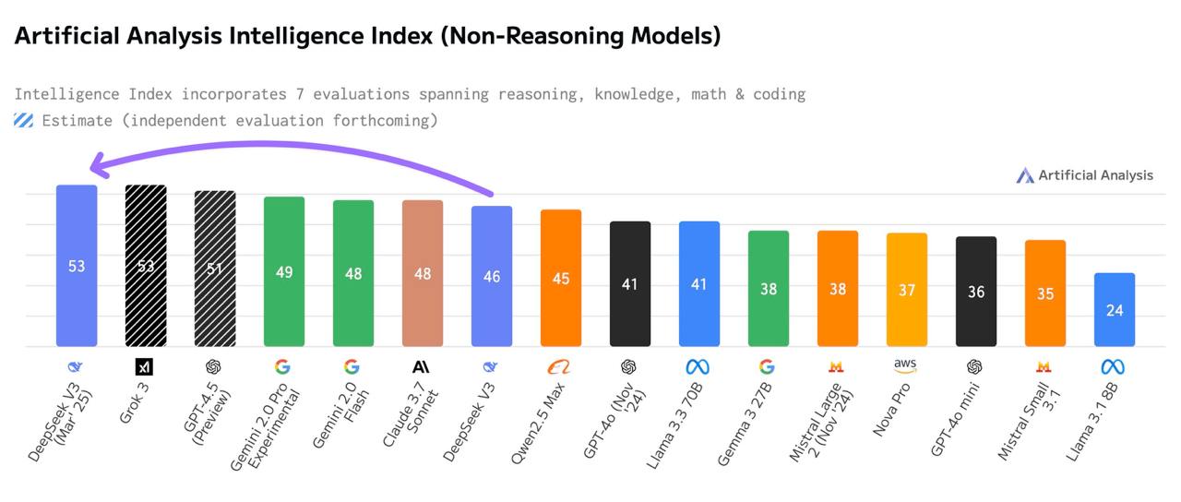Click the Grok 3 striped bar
click(x=146, y=265)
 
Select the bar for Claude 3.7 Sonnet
click(x=423, y=273)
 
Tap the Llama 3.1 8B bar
click(x=1114, y=309)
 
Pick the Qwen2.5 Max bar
click(x=561, y=278)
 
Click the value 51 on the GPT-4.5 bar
click(x=214, y=269)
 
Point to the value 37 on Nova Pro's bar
click(x=907, y=290)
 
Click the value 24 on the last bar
click(x=1114, y=310)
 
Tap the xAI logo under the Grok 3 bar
click(x=144, y=366)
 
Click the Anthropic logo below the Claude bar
click(x=421, y=366)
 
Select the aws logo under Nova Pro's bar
click(x=905, y=365)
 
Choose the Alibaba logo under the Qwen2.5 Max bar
click(x=559, y=366)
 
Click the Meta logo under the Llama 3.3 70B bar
click(x=698, y=366)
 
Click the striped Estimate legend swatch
click(x=24, y=121)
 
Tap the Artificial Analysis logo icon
click(x=1025, y=175)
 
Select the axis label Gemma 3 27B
click(x=744, y=424)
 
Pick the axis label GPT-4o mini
click(x=954, y=419)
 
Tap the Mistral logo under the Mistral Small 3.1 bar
click(x=1044, y=366)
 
